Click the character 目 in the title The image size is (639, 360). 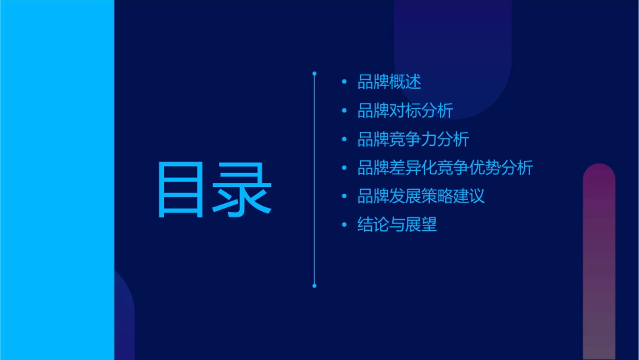tap(182, 190)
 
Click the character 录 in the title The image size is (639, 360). tap(243, 190)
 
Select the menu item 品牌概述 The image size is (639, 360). tap(389, 82)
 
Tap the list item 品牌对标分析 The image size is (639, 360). tap(405, 111)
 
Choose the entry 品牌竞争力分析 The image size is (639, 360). tap(413, 139)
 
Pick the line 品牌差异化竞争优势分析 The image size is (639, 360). tap(445, 168)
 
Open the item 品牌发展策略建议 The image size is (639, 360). tap(421, 196)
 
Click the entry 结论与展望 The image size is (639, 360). tap(397, 225)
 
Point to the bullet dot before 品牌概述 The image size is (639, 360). tap(344, 83)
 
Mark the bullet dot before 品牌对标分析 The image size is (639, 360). tap(344, 111)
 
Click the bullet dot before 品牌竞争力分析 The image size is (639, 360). tap(344, 140)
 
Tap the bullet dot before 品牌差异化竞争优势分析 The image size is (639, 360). tap(344, 168)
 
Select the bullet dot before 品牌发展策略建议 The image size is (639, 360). tap(344, 196)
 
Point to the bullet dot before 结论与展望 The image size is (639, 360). tap(344, 225)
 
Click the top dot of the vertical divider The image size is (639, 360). tap(314, 71)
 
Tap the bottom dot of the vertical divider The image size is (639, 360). tap(314, 286)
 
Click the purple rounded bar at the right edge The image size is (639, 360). tap(599, 262)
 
